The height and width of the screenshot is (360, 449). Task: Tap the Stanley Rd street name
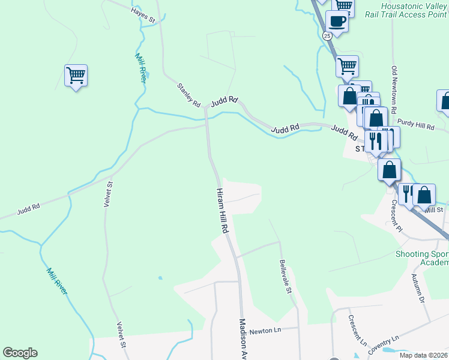pyautogui.click(x=188, y=95)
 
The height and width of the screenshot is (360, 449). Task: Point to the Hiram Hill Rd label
pyautogui.click(x=223, y=210)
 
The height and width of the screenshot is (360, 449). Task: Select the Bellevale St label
pyautogui.click(x=286, y=277)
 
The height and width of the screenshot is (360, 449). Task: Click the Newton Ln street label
pyautogui.click(x=265, y=331)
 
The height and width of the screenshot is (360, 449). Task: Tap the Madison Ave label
pyautogui.click(x=244, y=339)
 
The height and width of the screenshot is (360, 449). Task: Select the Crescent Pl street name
pyautogui.click(x=395, y=215)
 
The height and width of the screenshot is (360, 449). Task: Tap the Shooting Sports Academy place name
pyautogui.click(x=422, y=258)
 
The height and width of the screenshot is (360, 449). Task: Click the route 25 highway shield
pyautogui.click(x=327, y=36)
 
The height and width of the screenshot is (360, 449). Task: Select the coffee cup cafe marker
pyautogui.click(x=337, y=22)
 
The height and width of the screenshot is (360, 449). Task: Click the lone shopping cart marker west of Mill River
pyautogui.click(x=76, y=76)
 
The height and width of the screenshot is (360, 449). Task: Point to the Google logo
pyautogui.click(x=20, y=353)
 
